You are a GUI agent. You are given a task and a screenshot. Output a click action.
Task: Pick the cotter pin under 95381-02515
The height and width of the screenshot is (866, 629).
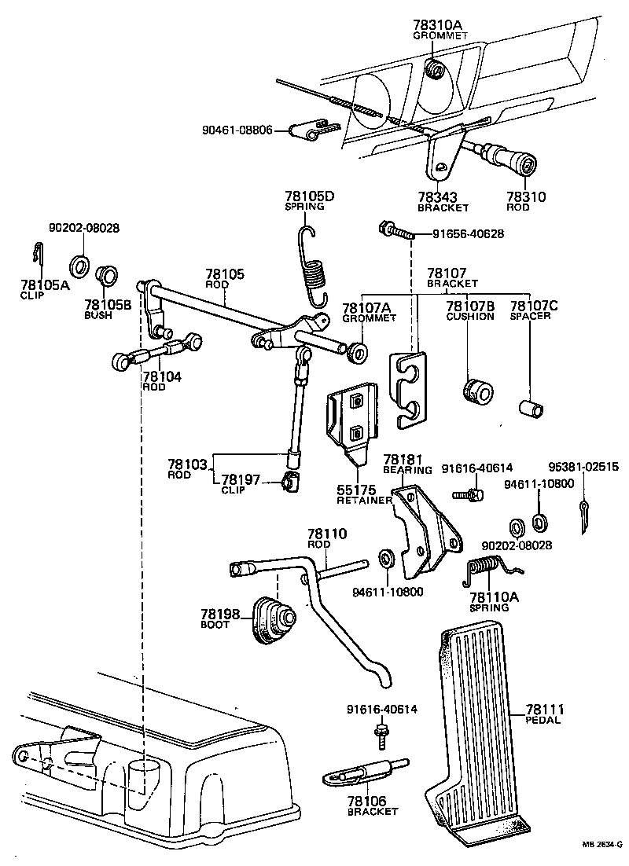tap(584, 517)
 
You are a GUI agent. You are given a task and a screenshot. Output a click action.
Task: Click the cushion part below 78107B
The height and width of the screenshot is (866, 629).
tap(473, 391)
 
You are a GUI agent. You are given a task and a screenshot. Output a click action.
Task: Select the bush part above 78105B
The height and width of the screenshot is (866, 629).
tap(105, 277)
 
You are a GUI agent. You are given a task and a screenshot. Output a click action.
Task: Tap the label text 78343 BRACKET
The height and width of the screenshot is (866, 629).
tap(443, 202)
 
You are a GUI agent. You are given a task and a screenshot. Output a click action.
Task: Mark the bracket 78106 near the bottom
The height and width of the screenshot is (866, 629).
tap(362, 773)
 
